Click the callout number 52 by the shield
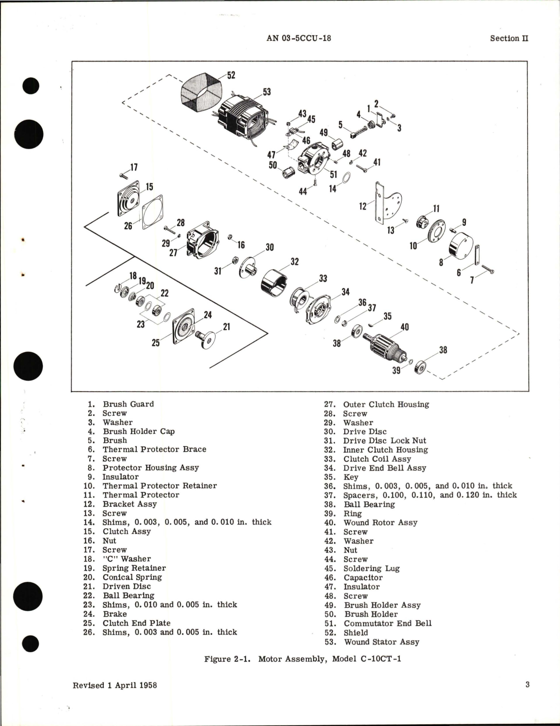tap(231, 75)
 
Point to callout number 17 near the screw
tap(134, 167)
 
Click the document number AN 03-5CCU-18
tap(298, 38)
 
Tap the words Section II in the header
tap(509, 38)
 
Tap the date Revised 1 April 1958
tap(115, 685)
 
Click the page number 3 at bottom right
tap(527, 684)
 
